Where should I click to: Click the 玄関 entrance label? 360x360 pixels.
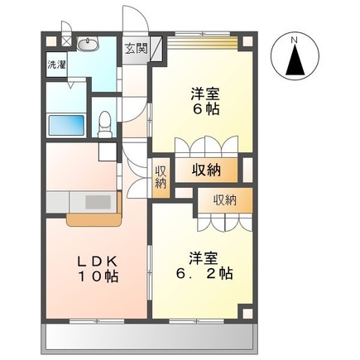pyautogui.click(x=137, y=49)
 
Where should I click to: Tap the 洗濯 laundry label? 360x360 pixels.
pyautogui.click(x=56, y=65)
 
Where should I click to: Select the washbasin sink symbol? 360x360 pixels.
pyautogui.click(x=88, y=44)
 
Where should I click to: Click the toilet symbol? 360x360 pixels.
pyautogui.click(x=105, y=124)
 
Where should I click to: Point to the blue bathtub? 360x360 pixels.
pyautogui.click(x=66, y=125)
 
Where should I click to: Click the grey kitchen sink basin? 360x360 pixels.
pyautogui.click(x=98, y=202)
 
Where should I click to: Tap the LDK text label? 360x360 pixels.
pyautogui.click(x=98, y=261)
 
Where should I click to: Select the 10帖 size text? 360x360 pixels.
pyautogui.click(x=98, y=276)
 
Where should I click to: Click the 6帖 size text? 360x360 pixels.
pyautogui.click(x=206, y=110)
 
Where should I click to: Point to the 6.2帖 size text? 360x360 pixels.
pyautogui.click(x=204, y=274)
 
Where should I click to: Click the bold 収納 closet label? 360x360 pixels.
pyautogui.click(x=206, y=170)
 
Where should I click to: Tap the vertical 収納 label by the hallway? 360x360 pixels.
pyautogui.click(x=161, y=177)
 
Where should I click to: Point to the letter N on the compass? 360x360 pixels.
pyautogui.click(x=295, y=40)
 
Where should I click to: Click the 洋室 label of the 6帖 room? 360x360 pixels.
pyautogui.click(x=206, y=94)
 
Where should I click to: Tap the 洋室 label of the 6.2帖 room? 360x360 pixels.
pyautogui.click(x=204, y=258)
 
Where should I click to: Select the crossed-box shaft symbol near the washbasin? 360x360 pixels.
pyautogui.click(x=66, y=41)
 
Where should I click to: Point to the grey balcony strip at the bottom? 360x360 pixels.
pyautogui.click(x=149, y=338)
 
